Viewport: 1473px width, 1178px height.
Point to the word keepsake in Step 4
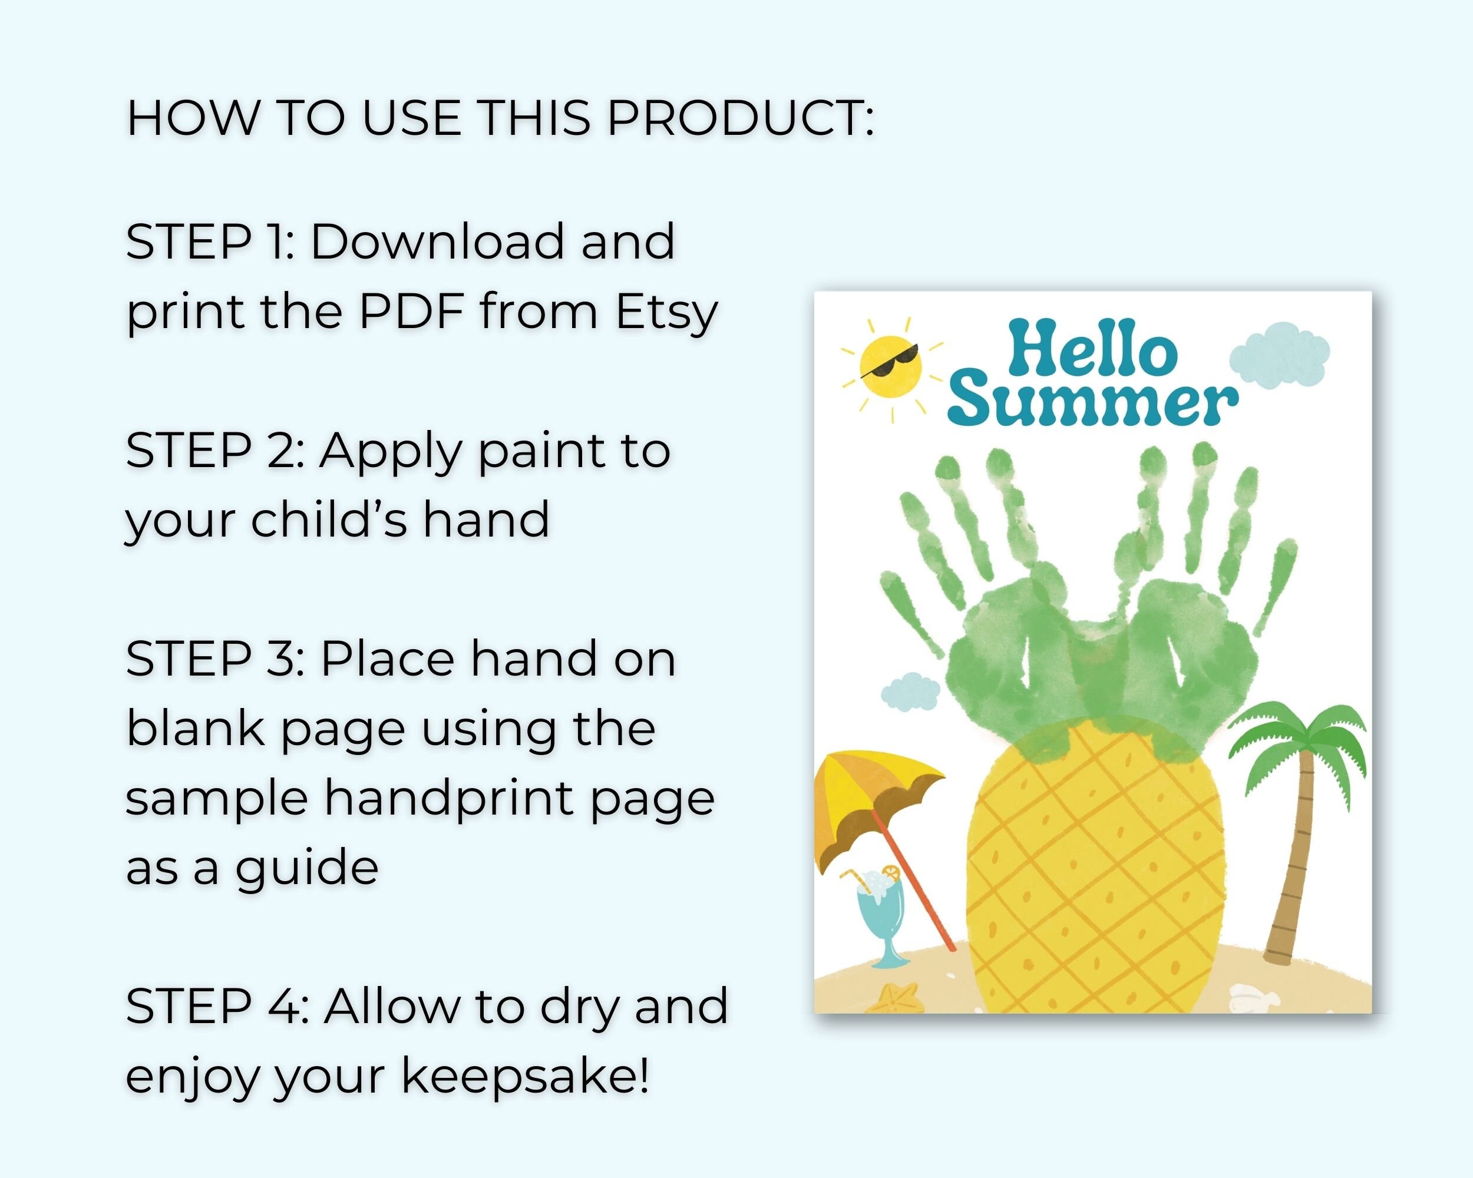coord(524,1077)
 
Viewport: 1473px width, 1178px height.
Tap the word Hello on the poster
coord(1092,352)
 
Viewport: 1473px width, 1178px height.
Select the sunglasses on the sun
coord(890,360)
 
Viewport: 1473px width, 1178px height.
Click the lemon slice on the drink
coord(890,872)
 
